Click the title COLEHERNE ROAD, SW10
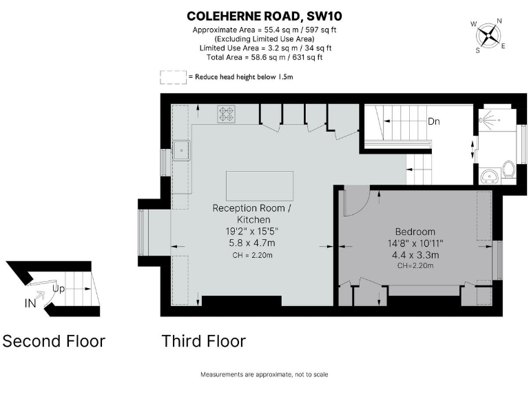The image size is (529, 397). [264, 15]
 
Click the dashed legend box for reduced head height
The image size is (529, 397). [173, 77]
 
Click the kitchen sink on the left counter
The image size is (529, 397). [182, 150]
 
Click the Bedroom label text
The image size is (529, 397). [414, 231]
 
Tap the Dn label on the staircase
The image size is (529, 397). [434, 121]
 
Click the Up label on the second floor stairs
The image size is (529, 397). [59, 289]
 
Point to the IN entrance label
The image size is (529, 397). [30, 303]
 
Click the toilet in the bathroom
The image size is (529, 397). [509, 169]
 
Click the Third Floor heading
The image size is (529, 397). [203, 341]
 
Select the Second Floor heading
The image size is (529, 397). [54, 341]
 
